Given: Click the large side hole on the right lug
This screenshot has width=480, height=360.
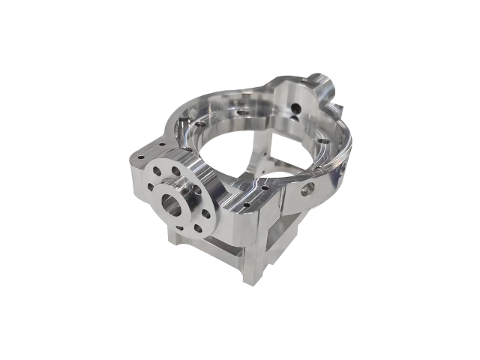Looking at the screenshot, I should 305,190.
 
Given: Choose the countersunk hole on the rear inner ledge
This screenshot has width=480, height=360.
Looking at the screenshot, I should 243,111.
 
